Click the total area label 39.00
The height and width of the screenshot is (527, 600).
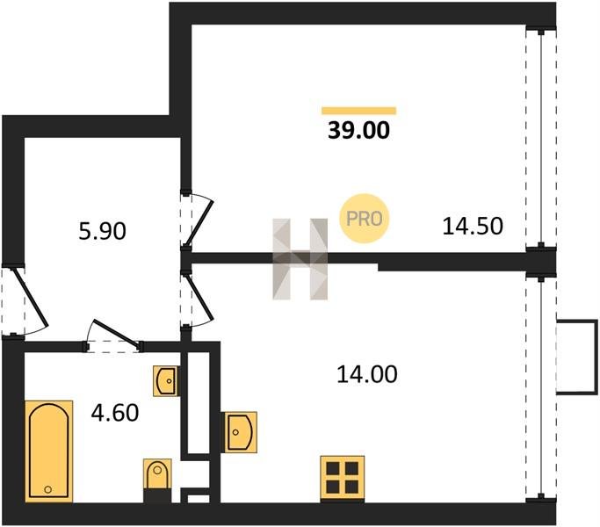[x=358, y=130]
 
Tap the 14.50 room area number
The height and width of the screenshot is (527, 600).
[x=473, y=226]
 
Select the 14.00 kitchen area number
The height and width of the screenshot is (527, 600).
[x=367, y=374]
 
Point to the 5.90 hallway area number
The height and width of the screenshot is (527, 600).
[x=102, y=232]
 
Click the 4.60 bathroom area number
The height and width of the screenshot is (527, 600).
[x=115, y=414]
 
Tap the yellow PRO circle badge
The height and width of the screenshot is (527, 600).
[x=364, y=219]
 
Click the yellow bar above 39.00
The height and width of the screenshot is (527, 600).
[x=359, y=111]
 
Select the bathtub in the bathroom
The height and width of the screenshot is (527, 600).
[x=49, y=451]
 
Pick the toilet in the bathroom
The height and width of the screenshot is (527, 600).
[x=157, y=474]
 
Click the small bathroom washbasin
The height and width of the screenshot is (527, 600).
[x=166, y=381]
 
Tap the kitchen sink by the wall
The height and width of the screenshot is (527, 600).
[x=241, y=432]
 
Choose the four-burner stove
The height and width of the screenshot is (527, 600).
[x=342, y=478]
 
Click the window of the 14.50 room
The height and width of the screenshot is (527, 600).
[x=541, y=139]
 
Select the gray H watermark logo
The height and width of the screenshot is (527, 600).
[x=300, y=259]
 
